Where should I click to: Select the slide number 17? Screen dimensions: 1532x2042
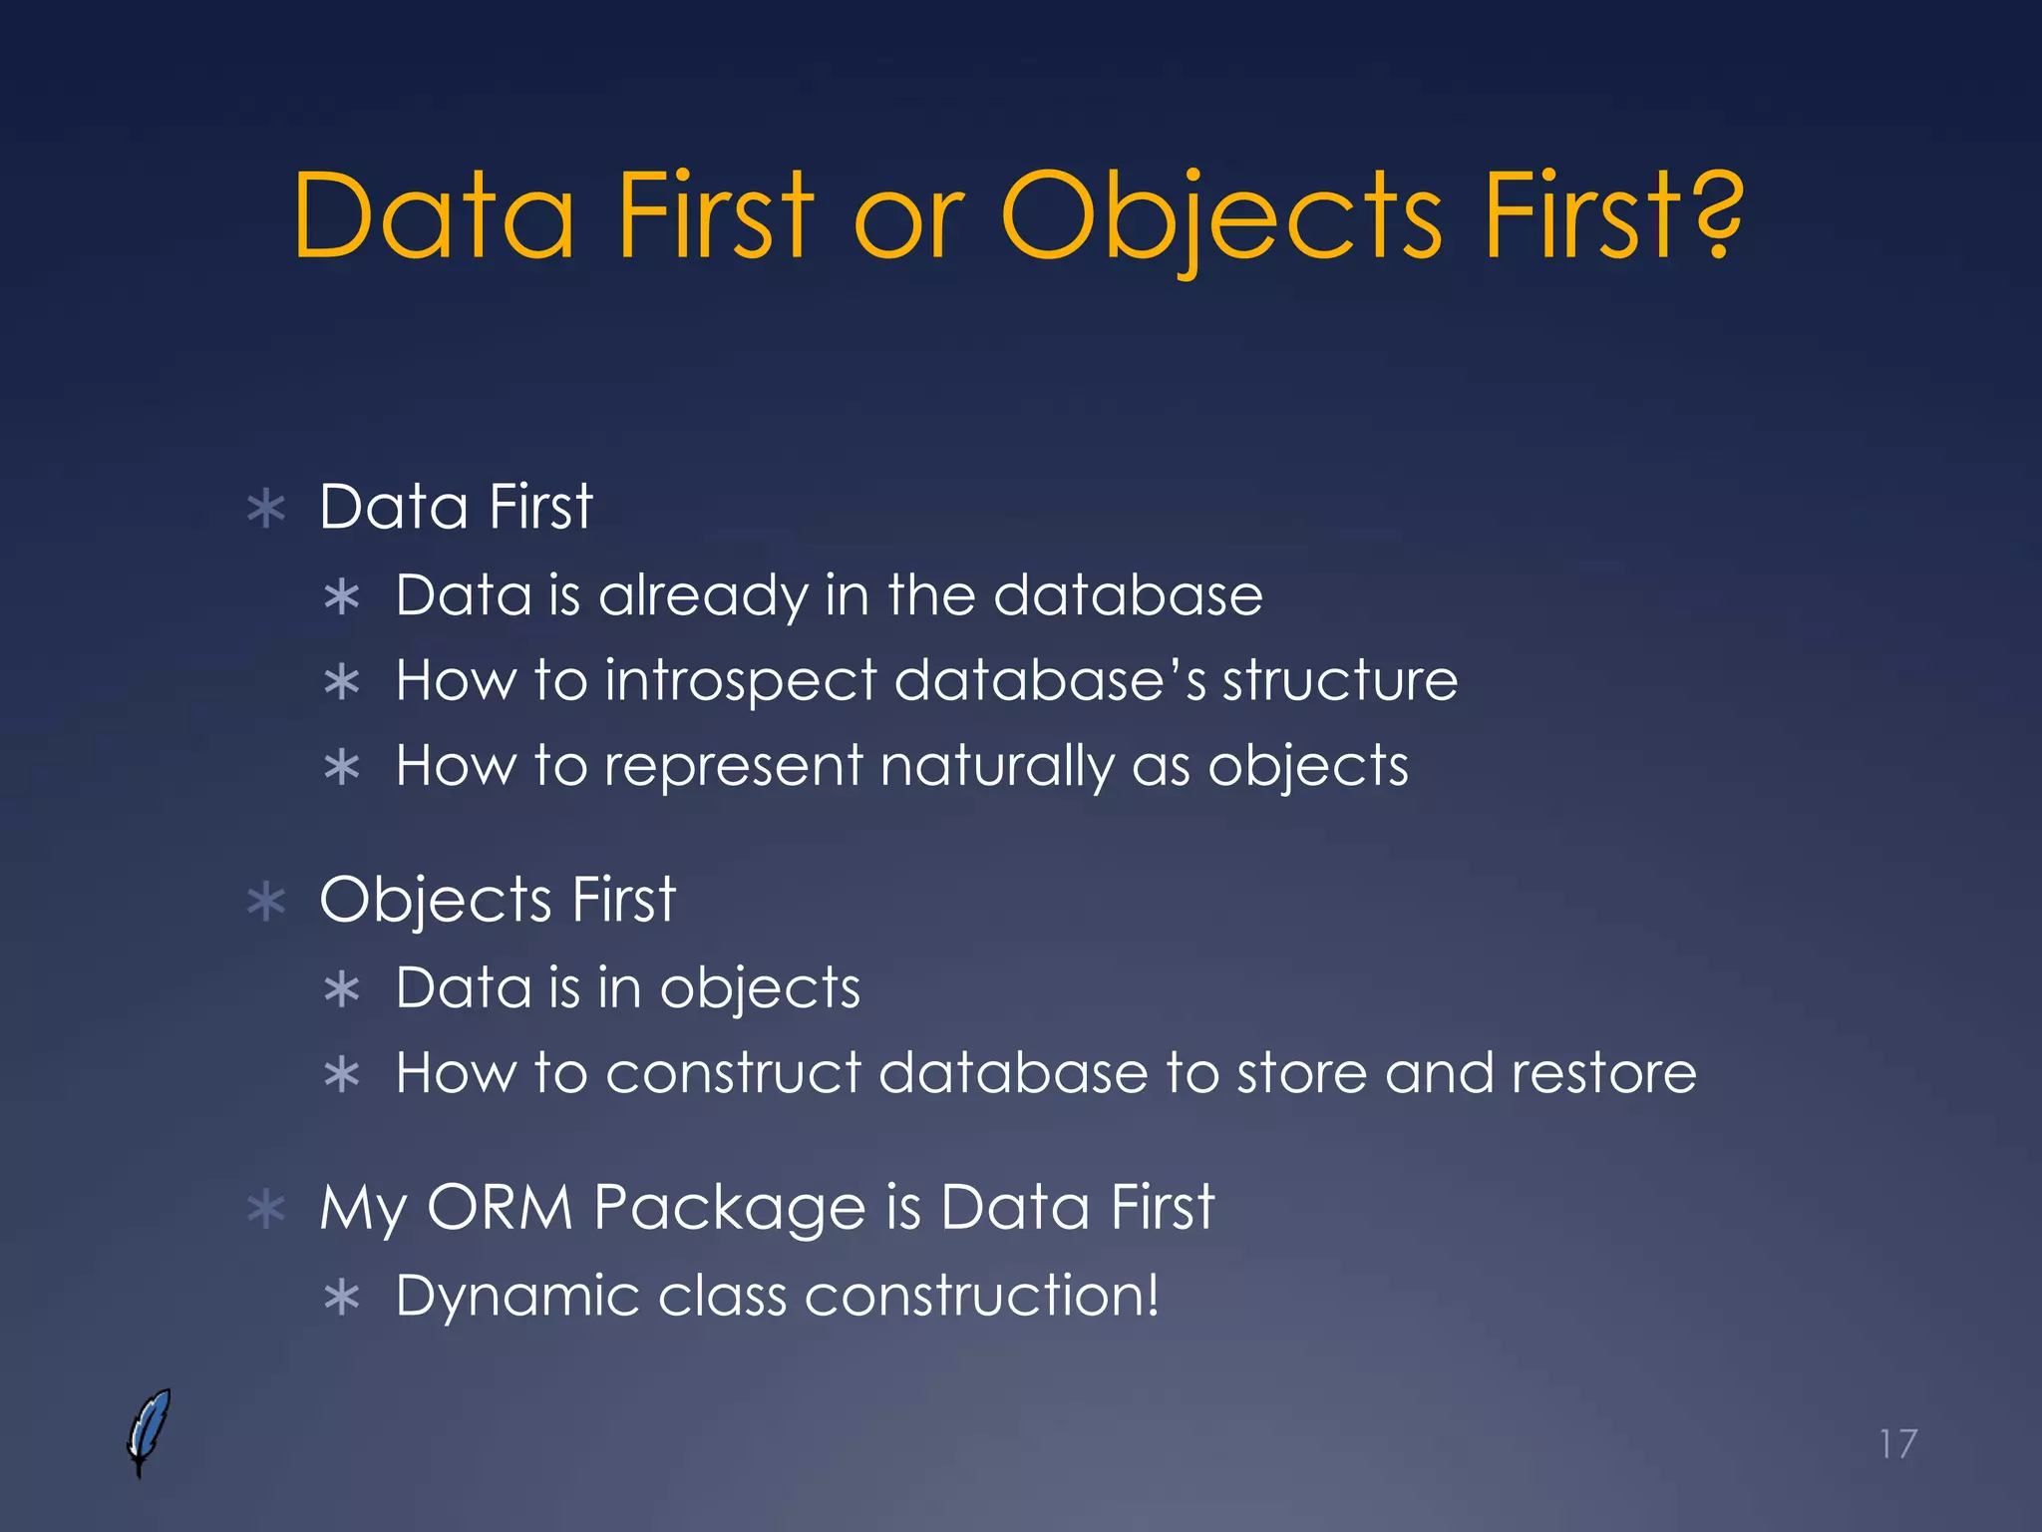point(1897,1443)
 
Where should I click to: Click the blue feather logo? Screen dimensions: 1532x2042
point(149,1430)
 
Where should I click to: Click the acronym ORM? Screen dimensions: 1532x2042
point(500,1207)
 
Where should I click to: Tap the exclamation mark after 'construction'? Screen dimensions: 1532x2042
point(1153,1295)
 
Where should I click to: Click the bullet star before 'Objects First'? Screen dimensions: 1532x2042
point(266,902)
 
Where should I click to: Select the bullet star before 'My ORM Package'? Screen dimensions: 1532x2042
point(266,1209)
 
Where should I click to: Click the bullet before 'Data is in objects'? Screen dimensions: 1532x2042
point(342,989)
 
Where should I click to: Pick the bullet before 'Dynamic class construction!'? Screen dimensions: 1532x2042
point(342,1298)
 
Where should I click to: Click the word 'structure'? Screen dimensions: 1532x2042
point(1339,681)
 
